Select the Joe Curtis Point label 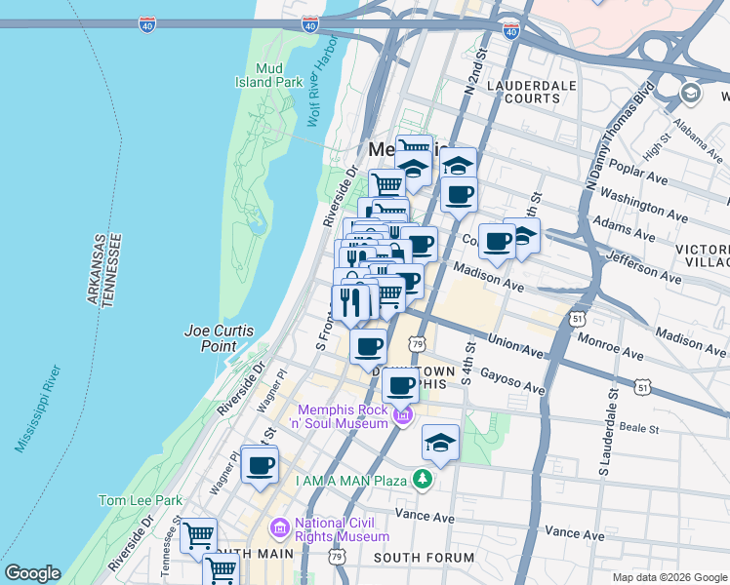tap(223, 338)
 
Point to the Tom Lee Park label tap(140, 500)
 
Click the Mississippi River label tap(38, 409)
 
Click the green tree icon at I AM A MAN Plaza tap(422, 479)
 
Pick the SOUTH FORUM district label tap(425, 559)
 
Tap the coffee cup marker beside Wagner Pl tap(260, 465)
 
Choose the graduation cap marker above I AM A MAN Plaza tap(440, 444)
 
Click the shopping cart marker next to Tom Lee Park tap(198, 534)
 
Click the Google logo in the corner tap(32, 573)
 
